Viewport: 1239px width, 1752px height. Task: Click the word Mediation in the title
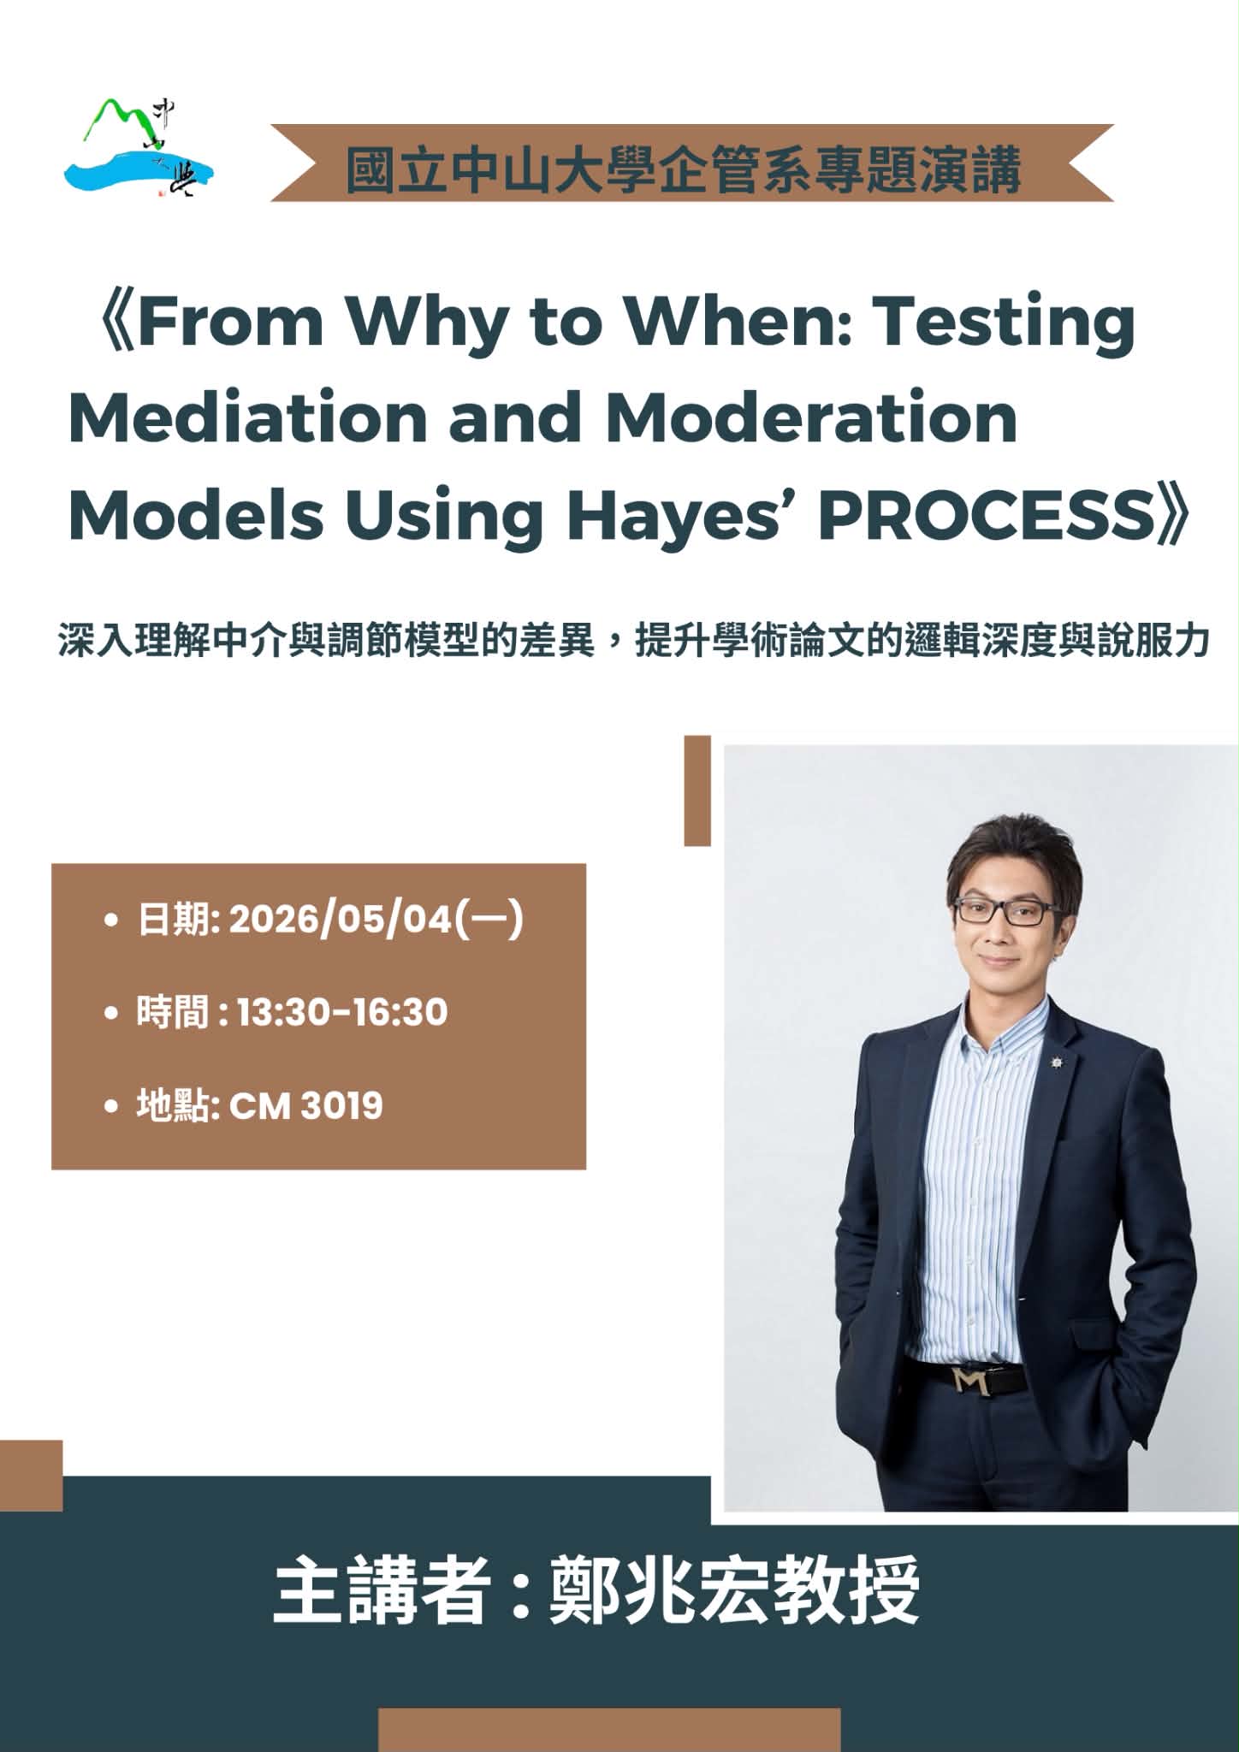[248, 417]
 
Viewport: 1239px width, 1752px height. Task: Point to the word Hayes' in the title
[685, 515]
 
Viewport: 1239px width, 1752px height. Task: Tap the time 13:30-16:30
[342, 1012]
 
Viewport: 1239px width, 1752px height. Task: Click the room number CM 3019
[306, 1105]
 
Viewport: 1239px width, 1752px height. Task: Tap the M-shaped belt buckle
[970, 1379]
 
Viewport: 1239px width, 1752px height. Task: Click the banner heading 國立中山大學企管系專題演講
[684, 169]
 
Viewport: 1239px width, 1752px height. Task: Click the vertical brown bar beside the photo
[697, 790]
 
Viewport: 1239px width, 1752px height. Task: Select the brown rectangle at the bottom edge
[609, 1730]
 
